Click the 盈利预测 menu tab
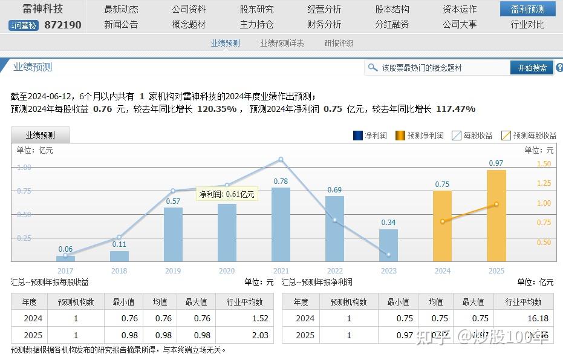pos(527,9)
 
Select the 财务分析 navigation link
pos(324,24)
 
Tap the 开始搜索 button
pos(532,68)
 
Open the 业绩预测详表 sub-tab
pos(282,43)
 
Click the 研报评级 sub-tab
pos(339,43)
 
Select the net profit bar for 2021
pos(281,224)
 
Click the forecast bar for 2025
pos(496,216)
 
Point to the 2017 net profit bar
pos(65,259)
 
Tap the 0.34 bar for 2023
pos(388,246)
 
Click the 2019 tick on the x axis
pos(173,271)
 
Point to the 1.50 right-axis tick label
pos(544,164)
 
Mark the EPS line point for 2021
pos(281,160)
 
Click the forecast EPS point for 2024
pos(443,221)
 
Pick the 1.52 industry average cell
pos(260,318)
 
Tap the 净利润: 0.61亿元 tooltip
pos(227,194)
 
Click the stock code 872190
pos(63,25)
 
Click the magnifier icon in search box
pos(373,68)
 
